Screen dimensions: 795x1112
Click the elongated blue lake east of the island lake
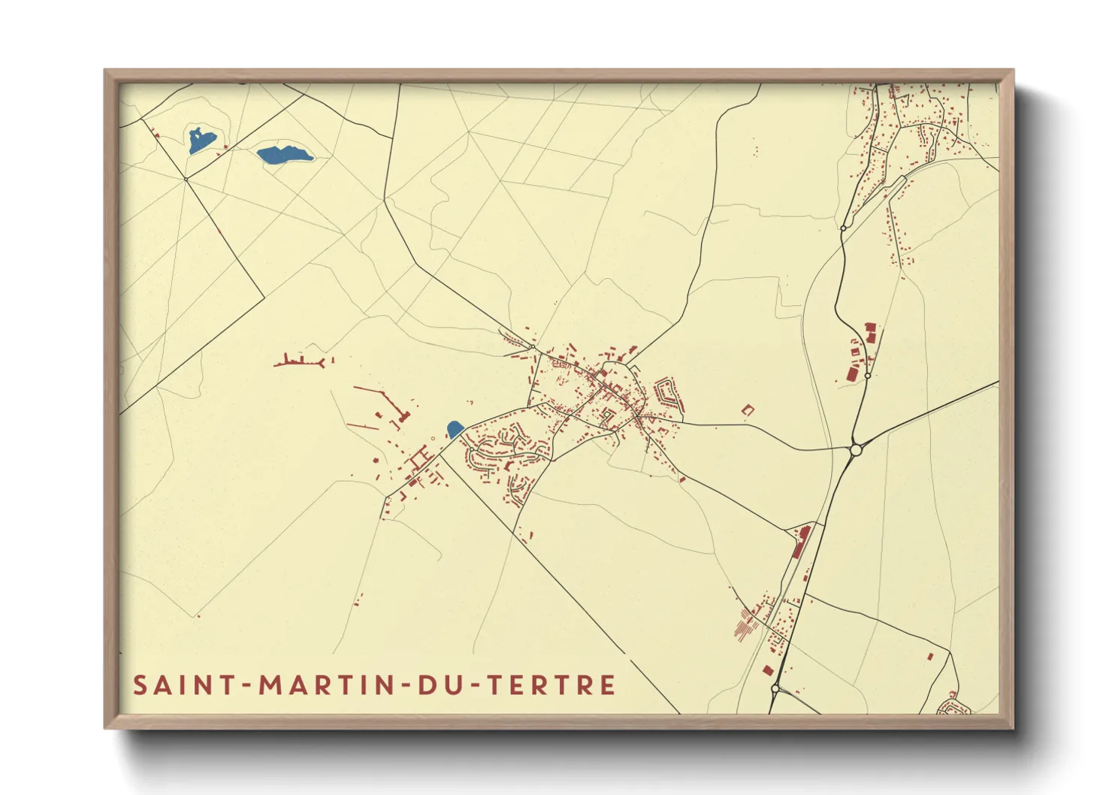pyautogui.click(x=283, y=155)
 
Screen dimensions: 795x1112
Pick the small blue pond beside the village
pyautogui.click(x=455, y=429)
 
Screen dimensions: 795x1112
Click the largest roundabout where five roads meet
pyautogui.click(x=855, y=449)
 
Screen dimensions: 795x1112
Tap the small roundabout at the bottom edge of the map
pyautogui.click(x=775, y=688)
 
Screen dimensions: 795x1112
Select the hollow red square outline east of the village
pyautogui.click(x=748, y=410)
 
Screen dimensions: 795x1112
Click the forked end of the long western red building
pyautogui.click(x=322, y=361)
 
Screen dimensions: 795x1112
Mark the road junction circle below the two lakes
pyautogui.click(x=186, y=179)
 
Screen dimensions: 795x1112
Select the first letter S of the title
pyautogui.click(x=140, y=685)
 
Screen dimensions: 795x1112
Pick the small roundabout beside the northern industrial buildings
pyautogui.click(x=868, y=375)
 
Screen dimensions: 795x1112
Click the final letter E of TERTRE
pyautogui.click(x=608, y=685)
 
